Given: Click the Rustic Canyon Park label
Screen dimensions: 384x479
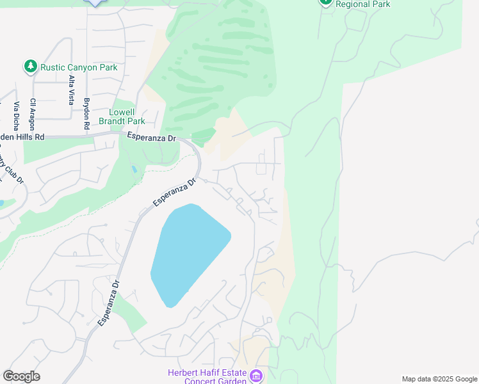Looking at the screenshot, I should coord(79,67).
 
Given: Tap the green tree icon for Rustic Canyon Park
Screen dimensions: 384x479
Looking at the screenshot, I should coord(30,66).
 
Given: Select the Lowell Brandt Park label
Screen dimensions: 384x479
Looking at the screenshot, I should coord(122,116).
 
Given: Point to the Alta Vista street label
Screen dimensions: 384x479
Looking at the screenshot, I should coord(71,89).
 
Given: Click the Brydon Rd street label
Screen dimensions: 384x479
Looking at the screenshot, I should coord(86,113).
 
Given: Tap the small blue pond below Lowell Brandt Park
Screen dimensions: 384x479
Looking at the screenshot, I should coord(133,170).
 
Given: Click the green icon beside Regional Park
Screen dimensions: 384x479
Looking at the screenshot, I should coord(326,2).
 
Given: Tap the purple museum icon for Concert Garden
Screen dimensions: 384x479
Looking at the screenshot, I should coord(256,376).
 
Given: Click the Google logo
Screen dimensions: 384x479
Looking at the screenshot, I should coord(21,376).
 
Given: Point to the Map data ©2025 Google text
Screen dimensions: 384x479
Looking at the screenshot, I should coord(439,379).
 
